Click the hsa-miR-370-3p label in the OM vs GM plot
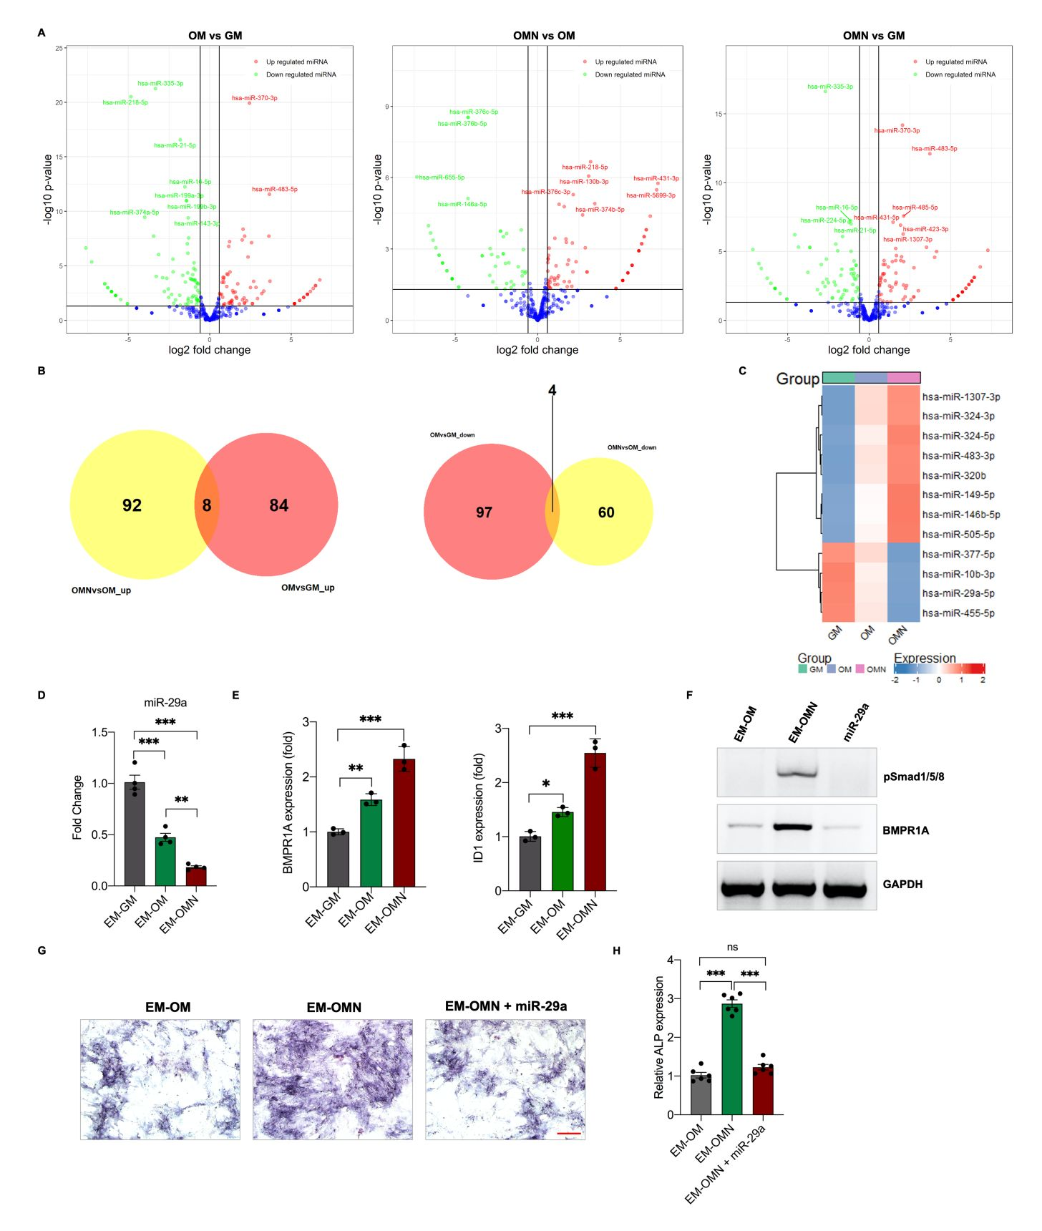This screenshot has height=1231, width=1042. tap(254, 98)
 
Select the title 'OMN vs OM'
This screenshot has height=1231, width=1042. tap(544, 36)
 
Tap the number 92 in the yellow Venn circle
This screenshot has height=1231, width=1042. tap(132, 505)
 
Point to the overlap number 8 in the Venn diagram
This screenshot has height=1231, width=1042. tap(207, 505)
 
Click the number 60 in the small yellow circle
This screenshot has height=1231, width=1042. tap(606, 512)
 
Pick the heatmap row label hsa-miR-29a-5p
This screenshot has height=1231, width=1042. tap(958, 593)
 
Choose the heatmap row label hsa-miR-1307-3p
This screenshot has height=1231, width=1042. tap(960, 396)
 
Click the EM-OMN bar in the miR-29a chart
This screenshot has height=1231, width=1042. tap(196, 876)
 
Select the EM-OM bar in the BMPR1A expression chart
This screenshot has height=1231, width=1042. tap(371, 845)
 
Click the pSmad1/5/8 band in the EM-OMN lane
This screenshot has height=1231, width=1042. tap(797, 773)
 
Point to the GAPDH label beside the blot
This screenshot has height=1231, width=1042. tap(902, 885)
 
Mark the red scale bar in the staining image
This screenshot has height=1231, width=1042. tap(569, 1134)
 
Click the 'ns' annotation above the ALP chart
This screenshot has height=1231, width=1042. tap(732, 947)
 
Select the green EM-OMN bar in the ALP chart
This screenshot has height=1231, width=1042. tap(731, 1059)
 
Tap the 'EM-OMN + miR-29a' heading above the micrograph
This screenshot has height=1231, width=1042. tap(506, 1006)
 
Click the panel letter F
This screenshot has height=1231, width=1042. tap(689, 695)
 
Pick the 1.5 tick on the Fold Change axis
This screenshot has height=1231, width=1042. tap(99, 732)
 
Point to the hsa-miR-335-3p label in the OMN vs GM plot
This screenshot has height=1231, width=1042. tap(829, 87)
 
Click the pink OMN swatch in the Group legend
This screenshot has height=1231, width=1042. tap(860, 669)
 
